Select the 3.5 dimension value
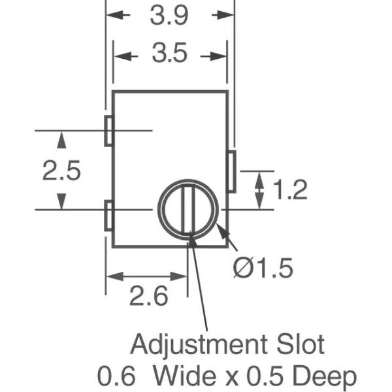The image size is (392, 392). click(169, 55)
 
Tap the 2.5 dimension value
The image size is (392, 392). click(61, 171)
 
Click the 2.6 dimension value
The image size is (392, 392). click(148, 297)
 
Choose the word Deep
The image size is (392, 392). click(328, 376)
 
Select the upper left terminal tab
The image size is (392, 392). click(109, 131)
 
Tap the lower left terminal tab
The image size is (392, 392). click(109, 216)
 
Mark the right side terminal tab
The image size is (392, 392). click(231, 171)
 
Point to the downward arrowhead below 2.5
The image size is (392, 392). click(61, 201)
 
